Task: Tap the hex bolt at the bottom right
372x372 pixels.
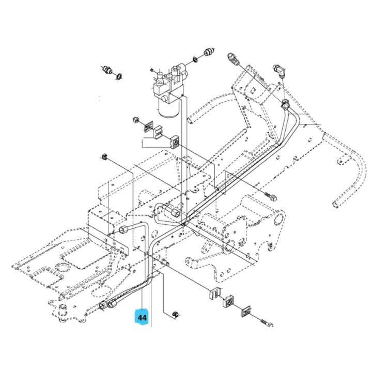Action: [x=266, y=323]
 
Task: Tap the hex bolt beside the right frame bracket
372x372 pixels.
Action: [x=271, y=197]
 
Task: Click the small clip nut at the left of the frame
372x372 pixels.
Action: [x=104, y=157]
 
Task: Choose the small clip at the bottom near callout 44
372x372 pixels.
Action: [x=175, y=314]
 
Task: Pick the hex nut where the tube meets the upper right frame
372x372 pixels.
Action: [x=285, y=106]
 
